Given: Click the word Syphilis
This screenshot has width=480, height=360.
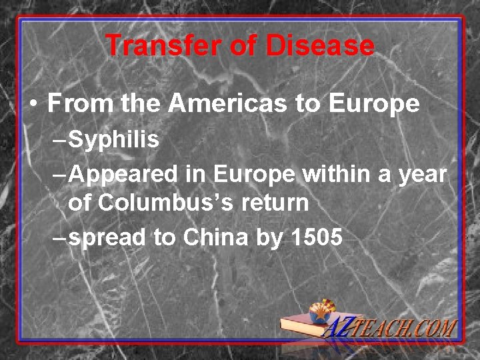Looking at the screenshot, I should pyautogui.click(x=114, y=140).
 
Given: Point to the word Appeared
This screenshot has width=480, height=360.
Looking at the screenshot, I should pyautogui.click(x=124, y=175).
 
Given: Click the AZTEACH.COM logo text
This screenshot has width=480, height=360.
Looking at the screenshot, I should pyautogui.click(x=400, y=329).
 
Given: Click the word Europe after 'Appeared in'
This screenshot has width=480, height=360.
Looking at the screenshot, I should pyautogui.click(x=256, y=175).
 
